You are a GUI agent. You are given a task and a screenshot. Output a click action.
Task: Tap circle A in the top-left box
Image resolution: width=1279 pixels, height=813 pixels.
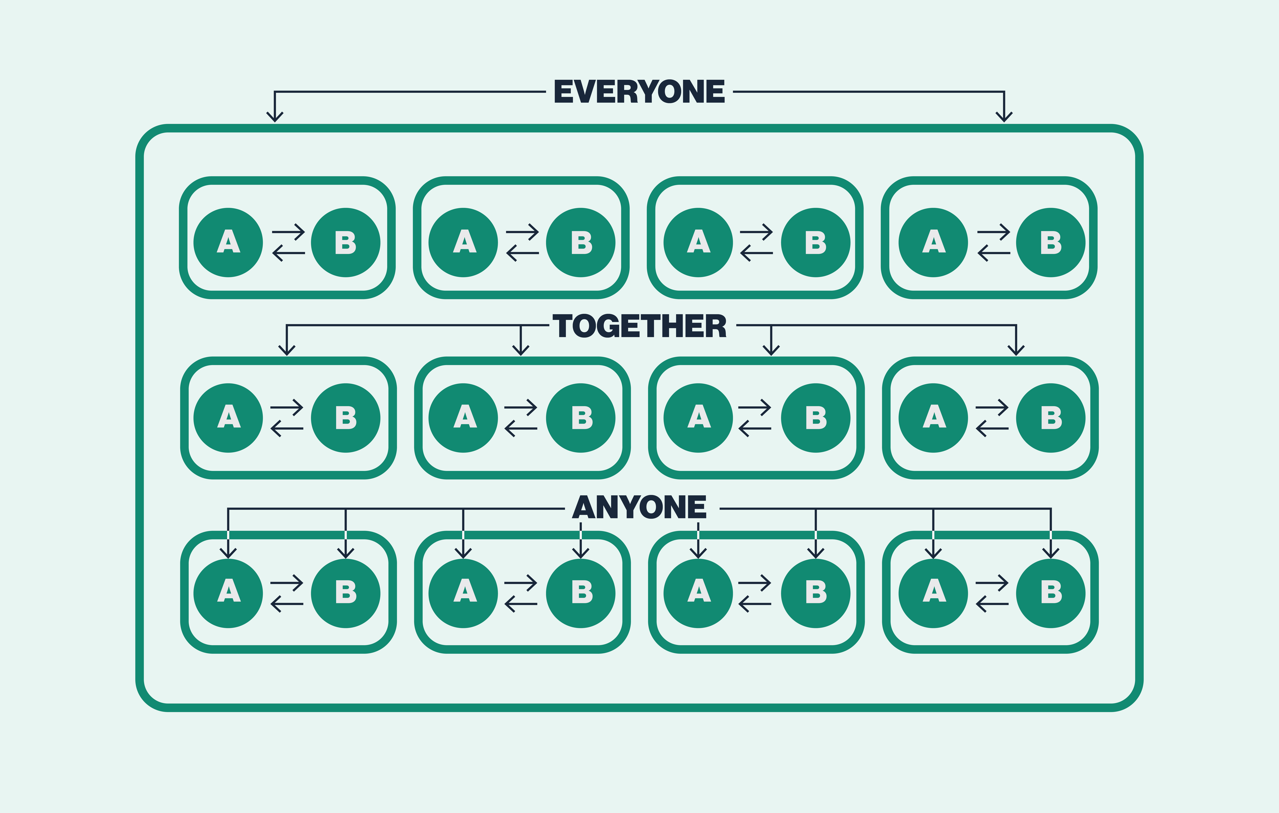click(x=228, y=243)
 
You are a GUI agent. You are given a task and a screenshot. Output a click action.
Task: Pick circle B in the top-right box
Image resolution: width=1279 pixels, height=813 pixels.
click(x=1051, y=243)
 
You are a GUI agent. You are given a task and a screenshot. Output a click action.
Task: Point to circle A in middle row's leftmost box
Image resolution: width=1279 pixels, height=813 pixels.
click(x=228, y=418)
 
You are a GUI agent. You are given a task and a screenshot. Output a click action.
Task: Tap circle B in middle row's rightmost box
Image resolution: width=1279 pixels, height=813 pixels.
click(x=1051, y=418)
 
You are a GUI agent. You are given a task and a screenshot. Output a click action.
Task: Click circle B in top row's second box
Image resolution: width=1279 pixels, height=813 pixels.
click(x=581, y=243)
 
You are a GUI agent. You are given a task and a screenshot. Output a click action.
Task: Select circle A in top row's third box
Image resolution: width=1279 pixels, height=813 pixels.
click(x=698, y=243)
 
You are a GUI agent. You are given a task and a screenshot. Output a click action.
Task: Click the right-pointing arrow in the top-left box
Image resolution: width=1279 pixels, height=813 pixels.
click(x=288, y=232)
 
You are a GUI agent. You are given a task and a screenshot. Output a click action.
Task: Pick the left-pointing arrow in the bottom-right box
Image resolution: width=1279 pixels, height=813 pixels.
click(x=992, y=604)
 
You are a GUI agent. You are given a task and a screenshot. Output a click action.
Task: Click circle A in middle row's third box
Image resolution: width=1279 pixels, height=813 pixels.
click(x=698, y=418)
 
